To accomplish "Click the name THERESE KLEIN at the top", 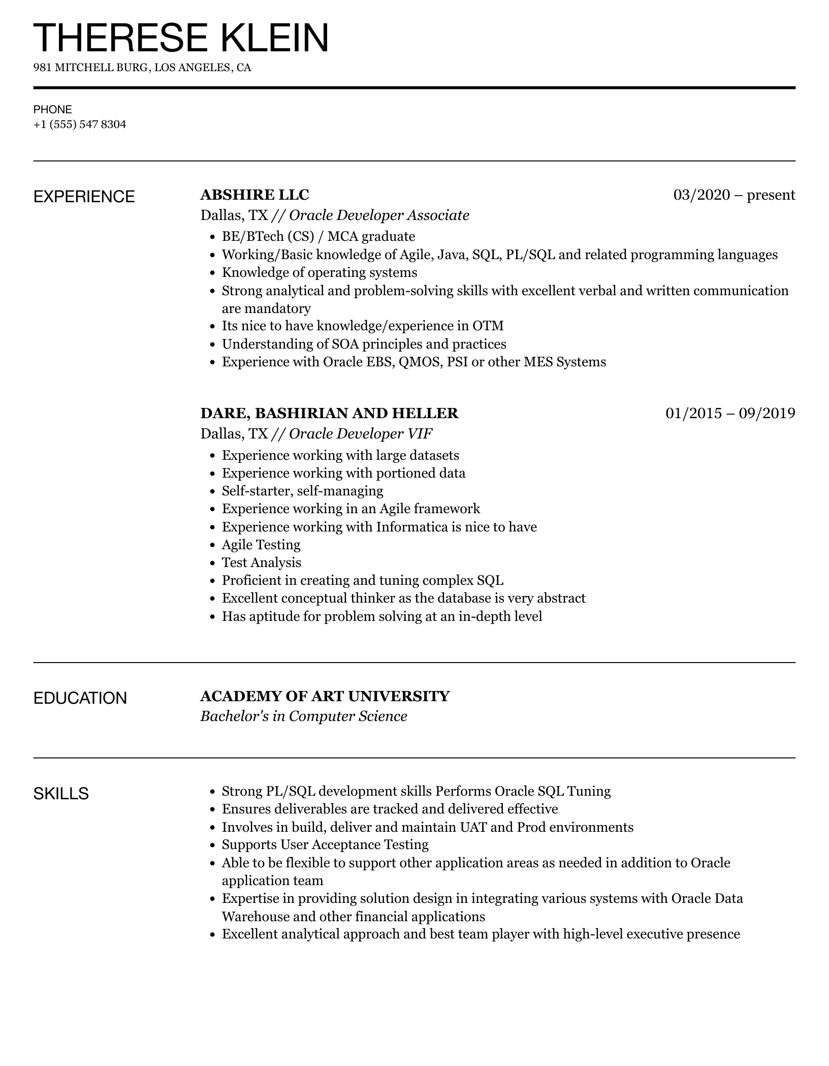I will click(x=181, y=38).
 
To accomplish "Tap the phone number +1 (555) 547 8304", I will click(x=80, y=124).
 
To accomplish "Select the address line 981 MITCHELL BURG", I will click(x=142, y=68).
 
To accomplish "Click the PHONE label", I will click(x=53, y=110).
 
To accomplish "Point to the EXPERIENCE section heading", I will click(x=84, y=197).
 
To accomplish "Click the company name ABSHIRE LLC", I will click(x=254, y=195).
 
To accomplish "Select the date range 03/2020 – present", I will click(x=734, y=195).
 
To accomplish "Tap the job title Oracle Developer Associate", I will click(x=379, y=215).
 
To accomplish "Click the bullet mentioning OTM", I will click(x=362, y=326).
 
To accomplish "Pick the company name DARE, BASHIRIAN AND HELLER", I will click(x=329, y=413).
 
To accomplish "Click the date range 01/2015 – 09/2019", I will click(x=730, y=413).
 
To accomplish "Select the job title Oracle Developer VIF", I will click(x=361, y=434).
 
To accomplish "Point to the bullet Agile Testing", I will click(x=261, y=545).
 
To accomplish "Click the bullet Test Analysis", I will click(x=261, y=562).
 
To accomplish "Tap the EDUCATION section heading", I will click(x=80, y=698).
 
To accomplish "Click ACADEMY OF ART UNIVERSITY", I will click(x=325, y=696).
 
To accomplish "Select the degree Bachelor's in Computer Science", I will click(x=304, y=716).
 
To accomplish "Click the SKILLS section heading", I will click(x=61, y=793).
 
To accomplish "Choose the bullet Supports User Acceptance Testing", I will click(x=325, y=844).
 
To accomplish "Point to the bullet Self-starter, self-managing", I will click(x=302, y=491).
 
